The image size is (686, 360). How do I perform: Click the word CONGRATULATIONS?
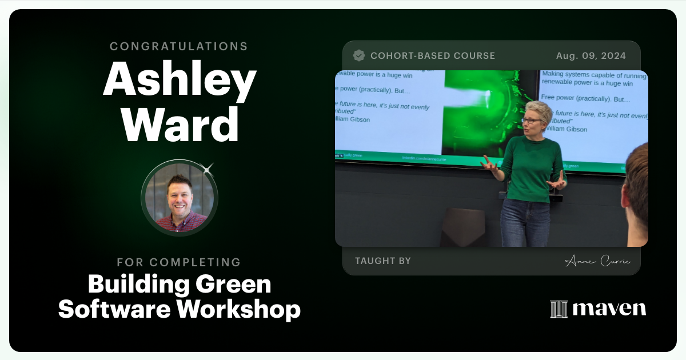(x=179, y=46)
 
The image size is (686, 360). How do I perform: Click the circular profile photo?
(x=180, y=198)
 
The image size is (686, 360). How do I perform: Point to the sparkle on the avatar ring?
(x=208, y=169)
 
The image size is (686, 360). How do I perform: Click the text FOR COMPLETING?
(x=179, y=262)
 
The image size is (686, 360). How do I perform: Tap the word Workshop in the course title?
(x=238, y=309)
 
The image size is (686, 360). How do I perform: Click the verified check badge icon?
(x=359, y=55)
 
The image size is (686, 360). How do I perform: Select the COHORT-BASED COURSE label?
(x=433, y=55)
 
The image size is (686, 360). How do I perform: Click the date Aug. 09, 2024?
(x=591, y=55)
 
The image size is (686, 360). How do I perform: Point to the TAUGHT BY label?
(x=383, y=261)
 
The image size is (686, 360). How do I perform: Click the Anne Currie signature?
(x=597, y=261)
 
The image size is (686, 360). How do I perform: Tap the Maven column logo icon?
(x=559, y=309)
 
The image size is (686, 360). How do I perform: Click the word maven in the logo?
(x=609, y=309)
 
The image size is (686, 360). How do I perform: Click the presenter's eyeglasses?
(x=531, y=121)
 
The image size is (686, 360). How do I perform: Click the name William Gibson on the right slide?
(x=565, y=129)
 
